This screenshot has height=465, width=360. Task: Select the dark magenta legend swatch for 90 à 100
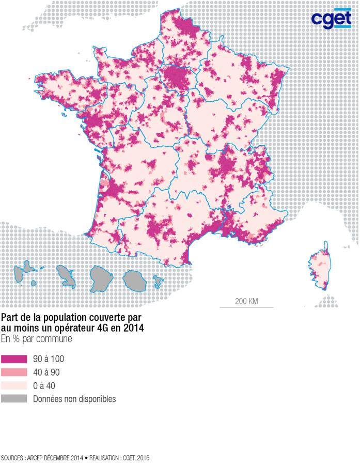click(x=13, y=359)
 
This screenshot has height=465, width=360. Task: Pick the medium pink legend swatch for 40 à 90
click(x=13, y=372)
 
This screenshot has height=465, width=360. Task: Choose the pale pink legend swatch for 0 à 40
click(x=13, y=385)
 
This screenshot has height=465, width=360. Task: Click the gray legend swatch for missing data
click(x=13, y=399)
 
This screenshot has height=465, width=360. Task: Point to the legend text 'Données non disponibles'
click(x=74, y=399)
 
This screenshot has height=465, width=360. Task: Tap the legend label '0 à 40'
click(x=44, y=385)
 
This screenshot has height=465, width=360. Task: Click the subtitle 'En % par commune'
click(x=36, y=339)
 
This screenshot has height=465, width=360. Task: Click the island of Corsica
click(x=318, y=266)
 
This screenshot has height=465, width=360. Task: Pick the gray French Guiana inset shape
click(x=134, y=279)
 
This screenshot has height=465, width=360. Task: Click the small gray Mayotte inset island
click(x=159, y=282)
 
